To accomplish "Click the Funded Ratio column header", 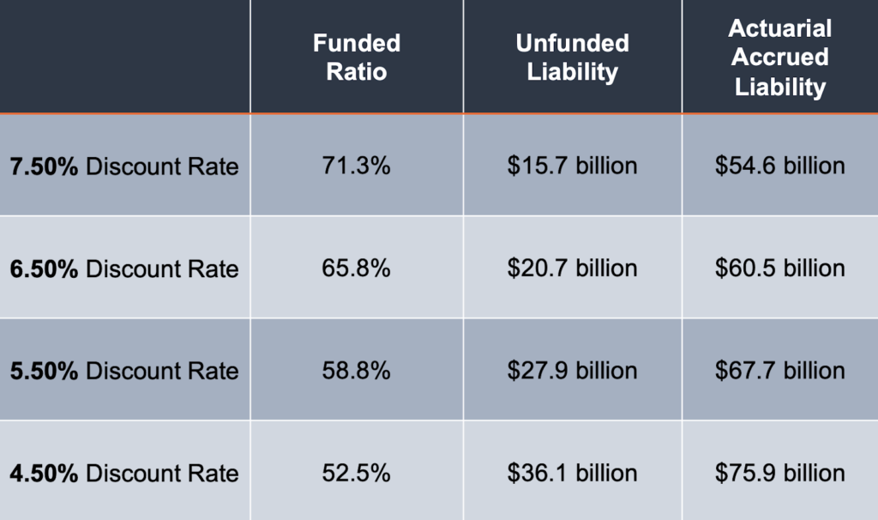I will (x=357, y=57).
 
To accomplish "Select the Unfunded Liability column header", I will (x=572, y=57).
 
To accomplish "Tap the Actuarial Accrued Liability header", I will (x=780, y=57).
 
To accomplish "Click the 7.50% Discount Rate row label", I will (x=124, y=166).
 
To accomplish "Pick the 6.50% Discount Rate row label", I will (x=124, y=269).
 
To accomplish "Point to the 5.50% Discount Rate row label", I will (x=124, y=371).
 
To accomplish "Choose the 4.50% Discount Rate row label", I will (x=124, y=473).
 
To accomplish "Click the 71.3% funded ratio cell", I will (x=357, y=166).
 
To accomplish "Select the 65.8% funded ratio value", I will (x=357, y=269).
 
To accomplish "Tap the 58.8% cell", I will (x=357, y=371).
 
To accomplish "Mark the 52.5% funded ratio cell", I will (x=357, y=473).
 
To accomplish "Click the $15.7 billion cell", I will (x=572, y=166).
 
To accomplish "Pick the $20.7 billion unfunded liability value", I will (x=572, y=269).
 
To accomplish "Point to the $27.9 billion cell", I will (x=572, y=371).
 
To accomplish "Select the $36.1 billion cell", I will (x=572, y=473).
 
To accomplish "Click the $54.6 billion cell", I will (x=780, y=166).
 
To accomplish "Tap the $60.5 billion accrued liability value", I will (x=780, y=269).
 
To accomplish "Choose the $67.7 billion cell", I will (x=780, y=371).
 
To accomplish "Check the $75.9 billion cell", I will (x=780, y=473).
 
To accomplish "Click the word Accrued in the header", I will (x=780, y=57).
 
